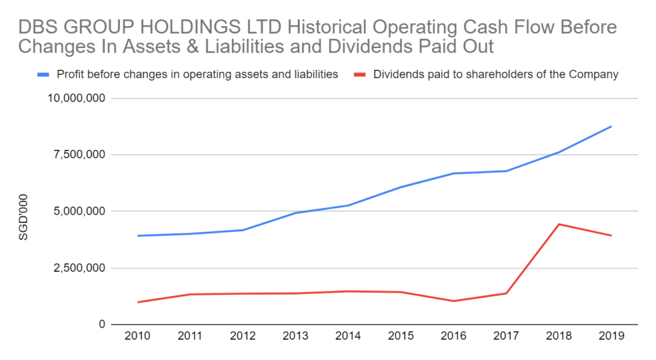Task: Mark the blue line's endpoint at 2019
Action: tap(611, 126)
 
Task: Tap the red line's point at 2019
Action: tap(611, 235)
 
